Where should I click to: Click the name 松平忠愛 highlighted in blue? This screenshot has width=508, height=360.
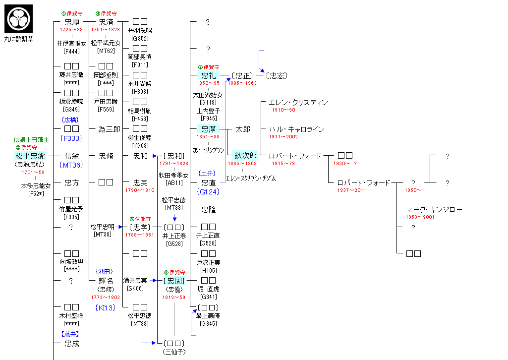tap(30, 156)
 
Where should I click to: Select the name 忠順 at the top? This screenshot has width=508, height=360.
tap(72, 22)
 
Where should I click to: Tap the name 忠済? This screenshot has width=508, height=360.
tap(106, 22)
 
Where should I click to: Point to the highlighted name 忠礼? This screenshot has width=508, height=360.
tap(208, 75)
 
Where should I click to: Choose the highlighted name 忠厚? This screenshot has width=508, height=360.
tap(208, 129)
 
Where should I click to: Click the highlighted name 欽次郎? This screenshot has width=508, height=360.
tap(245, 156)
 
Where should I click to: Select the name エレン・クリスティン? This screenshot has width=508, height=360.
tap(298, 103)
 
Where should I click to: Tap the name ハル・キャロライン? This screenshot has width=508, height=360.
tap(296, 129)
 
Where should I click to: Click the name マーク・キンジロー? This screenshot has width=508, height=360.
tap(434, 210)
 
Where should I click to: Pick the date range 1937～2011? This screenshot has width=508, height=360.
tap(351, 190)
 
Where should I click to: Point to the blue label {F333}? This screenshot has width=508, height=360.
tap(71, 138)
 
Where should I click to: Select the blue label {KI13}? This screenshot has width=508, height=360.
tap(106, 308)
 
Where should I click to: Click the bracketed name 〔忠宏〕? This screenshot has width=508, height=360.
tap(276, 75)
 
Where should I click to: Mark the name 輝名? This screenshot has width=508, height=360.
tap(106, 281)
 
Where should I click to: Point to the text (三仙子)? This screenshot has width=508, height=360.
tap(173, 352)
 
